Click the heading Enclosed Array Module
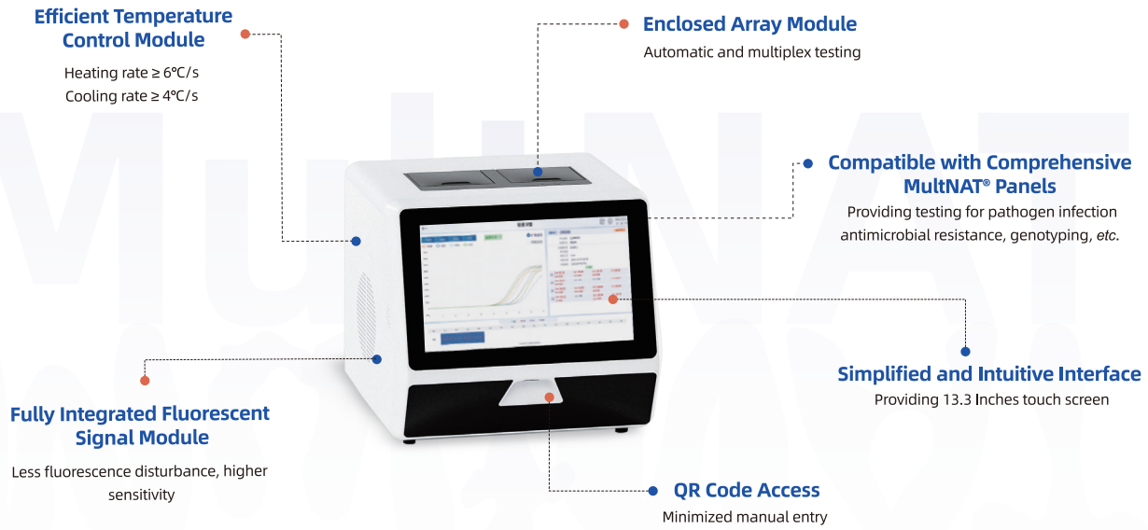point(749,24)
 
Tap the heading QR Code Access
point(747,490)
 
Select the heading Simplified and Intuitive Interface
point(988,374)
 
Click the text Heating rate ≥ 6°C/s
point(132,73)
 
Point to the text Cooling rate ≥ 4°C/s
point(132,96)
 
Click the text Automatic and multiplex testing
point(751,52)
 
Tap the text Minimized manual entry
point(744,516)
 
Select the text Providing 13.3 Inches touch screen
point(991,399)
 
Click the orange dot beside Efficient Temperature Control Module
point(245,34)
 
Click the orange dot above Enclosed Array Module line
point(624,23)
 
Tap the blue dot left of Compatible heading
point(808,163)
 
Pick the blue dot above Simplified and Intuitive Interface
point(965,352)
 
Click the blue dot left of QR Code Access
point(652,490)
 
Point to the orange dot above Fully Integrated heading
point(145,380)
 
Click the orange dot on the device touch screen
point(613,299)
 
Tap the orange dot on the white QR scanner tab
point(550,397)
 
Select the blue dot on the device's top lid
point(538,172)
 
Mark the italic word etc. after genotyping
point(1106,235)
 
